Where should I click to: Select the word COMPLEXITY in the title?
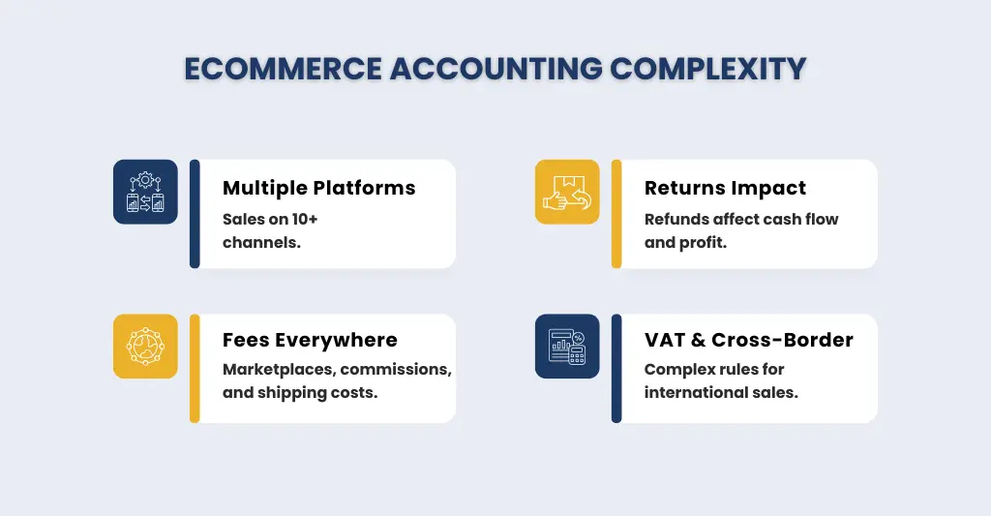click(x=708, y=70)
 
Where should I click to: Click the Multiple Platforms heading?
click(x=318, y=188)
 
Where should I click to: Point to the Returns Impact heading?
click(x=725, y=188)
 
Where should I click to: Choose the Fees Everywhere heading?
click(x=310, y=340)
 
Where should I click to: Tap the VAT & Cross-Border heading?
click(x=748, y=340)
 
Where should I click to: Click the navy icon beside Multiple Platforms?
click(x=145, y=192)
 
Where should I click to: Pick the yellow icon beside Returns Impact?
click(x=567, y=192)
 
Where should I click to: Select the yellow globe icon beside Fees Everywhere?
click(x=145, y=346)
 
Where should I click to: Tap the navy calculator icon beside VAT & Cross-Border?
click(x=567, y=346)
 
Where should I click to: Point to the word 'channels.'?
click(x=261, y=242)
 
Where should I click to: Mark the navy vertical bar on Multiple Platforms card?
click(x=195, y=214)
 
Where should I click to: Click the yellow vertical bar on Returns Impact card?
click(x=616, y=214)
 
